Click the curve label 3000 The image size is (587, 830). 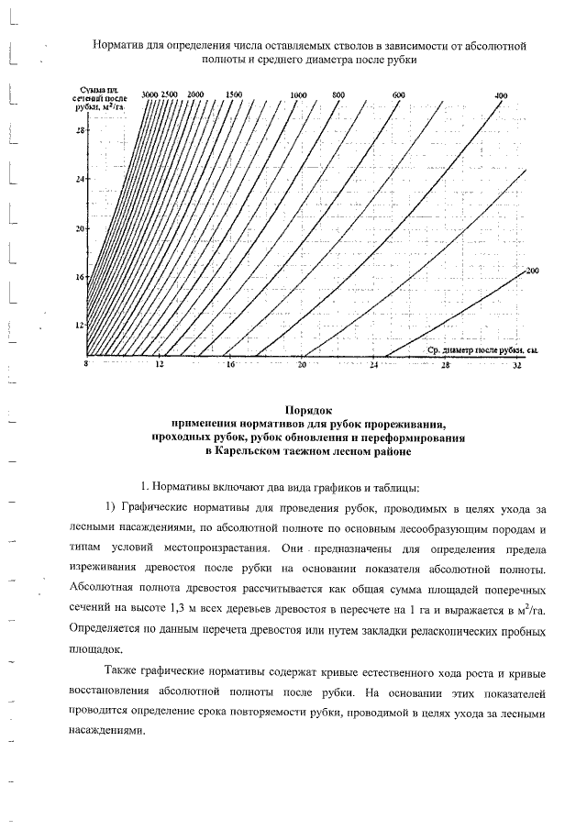click(x=151, y=94)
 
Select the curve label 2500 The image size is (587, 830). click(x=170, y=94)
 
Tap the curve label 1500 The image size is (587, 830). click(x=234, y=94)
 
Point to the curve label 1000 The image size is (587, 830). click(x=298, y=95)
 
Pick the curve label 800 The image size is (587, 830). click(x=338, y=95)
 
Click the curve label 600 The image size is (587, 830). click(x=398, y=95)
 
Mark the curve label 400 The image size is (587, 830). click(x=501, y=95)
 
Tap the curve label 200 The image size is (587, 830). click(x=533, y=271)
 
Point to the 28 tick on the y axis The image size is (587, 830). click(x=79, y=129)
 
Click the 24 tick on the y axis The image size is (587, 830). click(x=79, y=179)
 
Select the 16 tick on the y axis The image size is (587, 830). click(x=79, y=276)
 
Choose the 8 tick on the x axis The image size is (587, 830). click(x=86, y=365)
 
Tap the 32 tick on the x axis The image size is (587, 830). click(x=517, y=365)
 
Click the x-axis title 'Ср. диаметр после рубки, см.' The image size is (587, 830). click(x=482, y=350)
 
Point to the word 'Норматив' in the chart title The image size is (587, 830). click(x=119, y=45)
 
